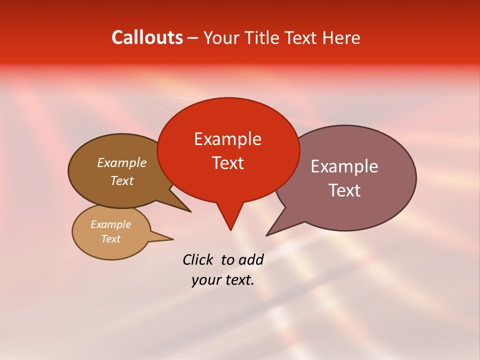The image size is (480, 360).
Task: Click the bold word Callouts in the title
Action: click(x=147, y=37)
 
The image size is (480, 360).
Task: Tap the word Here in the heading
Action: click(x=341, y=37)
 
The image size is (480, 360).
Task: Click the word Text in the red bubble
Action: click(x=227, y=163)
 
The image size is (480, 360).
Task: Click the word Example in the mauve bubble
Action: click(x=344, y=166)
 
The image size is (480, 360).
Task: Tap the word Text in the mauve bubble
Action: click(x=344, y=190)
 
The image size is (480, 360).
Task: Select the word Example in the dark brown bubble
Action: click(x=121, y=162)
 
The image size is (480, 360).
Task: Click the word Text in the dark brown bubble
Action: click(x=121, y=180)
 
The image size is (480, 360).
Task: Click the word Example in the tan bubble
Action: click(x=110, y=224)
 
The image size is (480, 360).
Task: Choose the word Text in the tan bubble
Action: click(x=110, y=239)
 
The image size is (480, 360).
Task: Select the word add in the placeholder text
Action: click(x=251, y=259)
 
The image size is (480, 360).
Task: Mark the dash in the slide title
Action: click(x=193, y=38)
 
